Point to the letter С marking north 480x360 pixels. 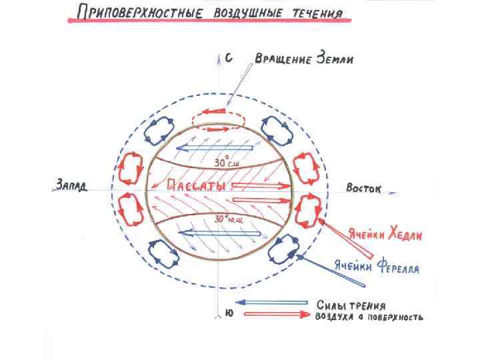(228, 59)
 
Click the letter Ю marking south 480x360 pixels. (228, 313)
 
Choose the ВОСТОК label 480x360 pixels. (363, 189)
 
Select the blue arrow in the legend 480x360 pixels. (267, 302)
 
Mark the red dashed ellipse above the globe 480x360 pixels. (219, 119)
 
